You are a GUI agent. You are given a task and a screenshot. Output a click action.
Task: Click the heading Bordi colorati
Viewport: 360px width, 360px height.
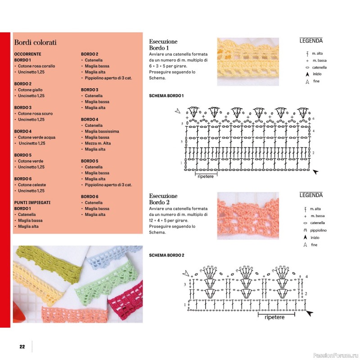[35, 43]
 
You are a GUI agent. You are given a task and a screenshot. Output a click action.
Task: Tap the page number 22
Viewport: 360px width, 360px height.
[22, 346]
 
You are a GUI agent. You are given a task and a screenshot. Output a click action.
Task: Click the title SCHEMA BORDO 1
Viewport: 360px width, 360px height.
[166, 96]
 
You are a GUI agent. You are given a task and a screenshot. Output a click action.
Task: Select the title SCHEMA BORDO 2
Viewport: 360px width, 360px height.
[166, 255]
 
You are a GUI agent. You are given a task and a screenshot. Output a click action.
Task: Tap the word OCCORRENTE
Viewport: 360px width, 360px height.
[28, 54]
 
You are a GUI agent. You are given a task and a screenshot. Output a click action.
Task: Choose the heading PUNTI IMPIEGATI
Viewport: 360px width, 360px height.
[32, 202]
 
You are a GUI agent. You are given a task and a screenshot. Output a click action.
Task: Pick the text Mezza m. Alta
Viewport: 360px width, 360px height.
[98, 143]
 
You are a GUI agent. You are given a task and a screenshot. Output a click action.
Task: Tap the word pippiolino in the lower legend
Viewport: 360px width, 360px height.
[319, 230]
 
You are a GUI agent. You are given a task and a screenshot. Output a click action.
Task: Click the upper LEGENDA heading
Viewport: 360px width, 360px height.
[311, 40]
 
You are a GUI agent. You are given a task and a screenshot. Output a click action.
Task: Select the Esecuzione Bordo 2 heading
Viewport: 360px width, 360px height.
[163, 199]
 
